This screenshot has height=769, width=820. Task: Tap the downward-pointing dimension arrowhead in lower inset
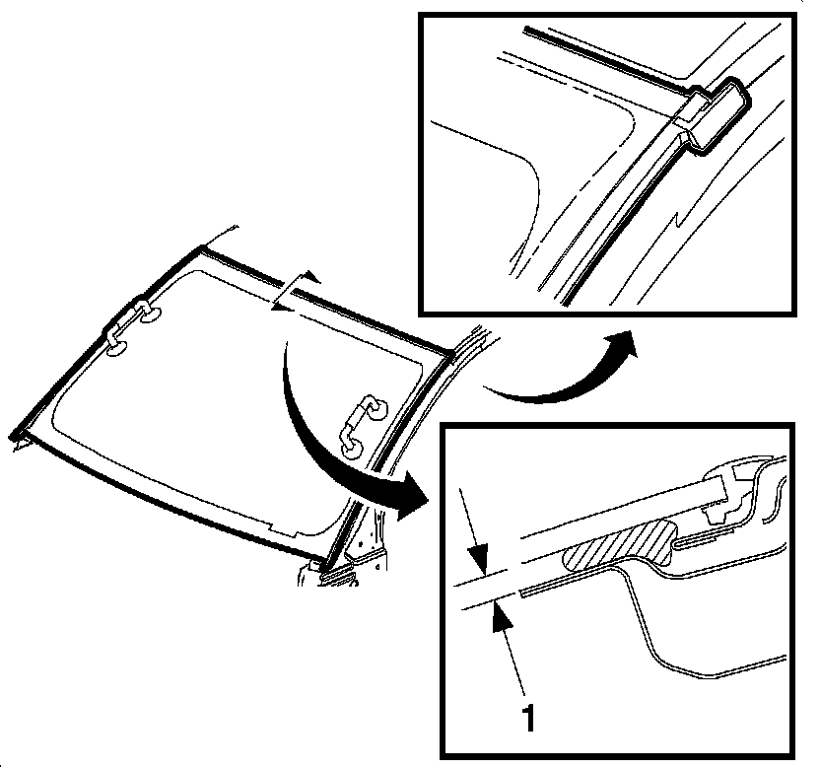point(478,563)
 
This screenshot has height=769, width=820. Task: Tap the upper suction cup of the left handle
point(151,313)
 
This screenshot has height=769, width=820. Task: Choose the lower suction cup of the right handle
point(350,449)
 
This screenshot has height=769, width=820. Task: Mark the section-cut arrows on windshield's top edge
point(294,293)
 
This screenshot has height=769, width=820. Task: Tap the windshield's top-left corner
point(201,248)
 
